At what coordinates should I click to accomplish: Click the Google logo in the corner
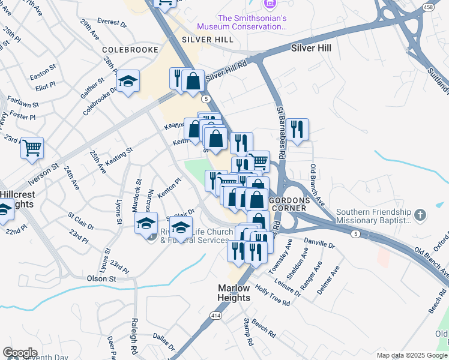20,353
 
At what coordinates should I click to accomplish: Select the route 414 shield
215,314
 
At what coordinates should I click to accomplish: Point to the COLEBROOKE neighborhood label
130,50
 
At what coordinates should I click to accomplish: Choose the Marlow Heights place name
234,293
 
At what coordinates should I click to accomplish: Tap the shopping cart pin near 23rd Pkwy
32,147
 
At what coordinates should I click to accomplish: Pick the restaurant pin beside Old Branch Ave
297,129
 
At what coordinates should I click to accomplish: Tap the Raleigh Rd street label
134,330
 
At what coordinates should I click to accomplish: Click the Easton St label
42,76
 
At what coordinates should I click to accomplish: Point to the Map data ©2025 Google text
412,355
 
